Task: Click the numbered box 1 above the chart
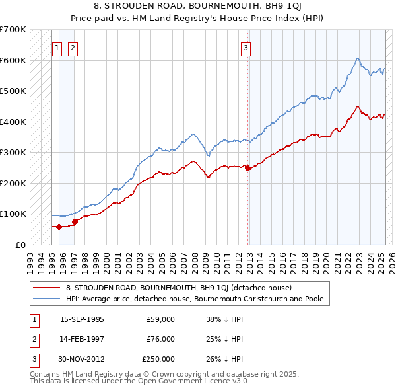(x=57, y=47)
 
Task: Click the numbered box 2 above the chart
(x=72, y=47)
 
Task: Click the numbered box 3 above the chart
(x=245, y=47)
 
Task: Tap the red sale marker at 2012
(x=248, y=168)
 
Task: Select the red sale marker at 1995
(x=59, y=227)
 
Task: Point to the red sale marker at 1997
(x=75, y=221)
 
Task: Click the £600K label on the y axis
(x=13, y=60)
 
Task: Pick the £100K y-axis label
(x=13, y=214)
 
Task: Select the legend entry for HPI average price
(x=194, y=299)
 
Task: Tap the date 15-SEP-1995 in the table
(x=82, y=319)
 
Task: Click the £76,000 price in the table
(x=160, y=339)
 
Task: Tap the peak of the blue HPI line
(x=357, y=58)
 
